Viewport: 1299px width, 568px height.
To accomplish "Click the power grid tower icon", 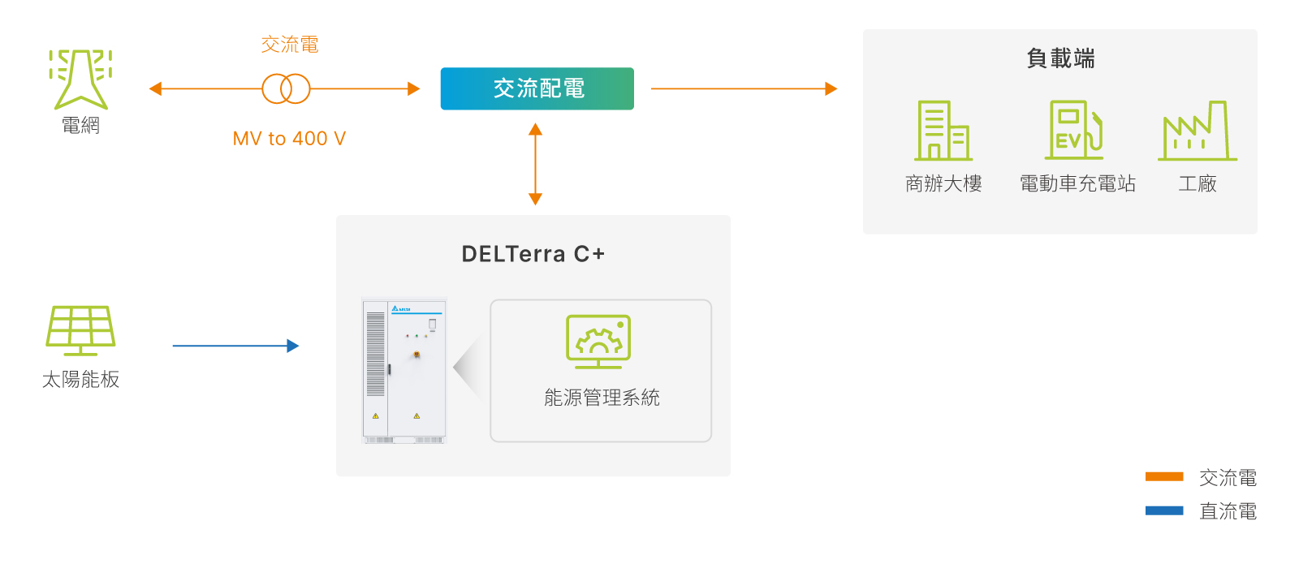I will pos(80,79).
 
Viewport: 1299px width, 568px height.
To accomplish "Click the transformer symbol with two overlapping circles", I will pos(286,88).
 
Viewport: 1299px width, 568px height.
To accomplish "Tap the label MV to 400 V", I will pos(289,139).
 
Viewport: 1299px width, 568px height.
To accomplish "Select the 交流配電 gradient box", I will pos(537,88).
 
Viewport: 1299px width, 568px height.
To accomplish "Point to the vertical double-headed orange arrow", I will pos(535,164).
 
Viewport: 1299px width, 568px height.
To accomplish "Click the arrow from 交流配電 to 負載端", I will pos(743,88).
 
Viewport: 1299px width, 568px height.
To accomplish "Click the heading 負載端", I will pos(1060,58).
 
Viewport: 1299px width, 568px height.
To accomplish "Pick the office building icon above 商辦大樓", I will pos(943,131).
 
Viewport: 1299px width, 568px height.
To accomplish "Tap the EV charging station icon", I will pos(1074,130).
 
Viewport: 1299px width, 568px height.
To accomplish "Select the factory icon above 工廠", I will pos(1197,131).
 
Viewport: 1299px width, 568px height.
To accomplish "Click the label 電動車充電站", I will pos(1077,184).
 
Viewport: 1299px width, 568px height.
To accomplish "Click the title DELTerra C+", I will pos(533,254).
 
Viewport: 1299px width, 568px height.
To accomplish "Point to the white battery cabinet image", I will pos(404,370).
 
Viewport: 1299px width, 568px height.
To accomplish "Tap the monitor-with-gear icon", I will pos(598,342).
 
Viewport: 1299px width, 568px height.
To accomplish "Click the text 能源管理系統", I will pos(602,398).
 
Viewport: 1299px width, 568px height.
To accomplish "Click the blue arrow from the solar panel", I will pos(235,346).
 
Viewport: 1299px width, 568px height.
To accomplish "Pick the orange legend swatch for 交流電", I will pos(1163,477).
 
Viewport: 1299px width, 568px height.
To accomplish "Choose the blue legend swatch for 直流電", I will pos(1163,510).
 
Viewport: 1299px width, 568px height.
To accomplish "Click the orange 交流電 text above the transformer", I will pos(289,45).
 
